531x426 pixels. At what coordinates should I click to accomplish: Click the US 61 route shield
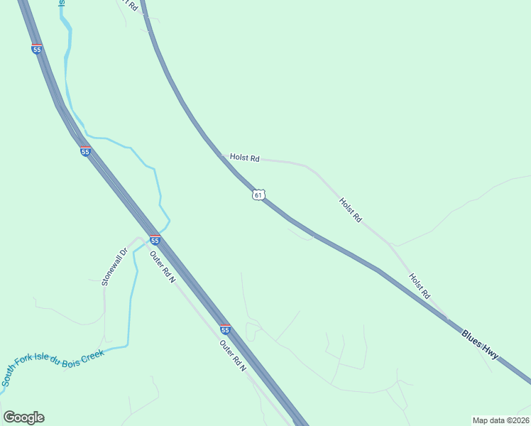click(258, 195)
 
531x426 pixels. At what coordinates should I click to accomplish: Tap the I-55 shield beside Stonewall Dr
click(155, 240)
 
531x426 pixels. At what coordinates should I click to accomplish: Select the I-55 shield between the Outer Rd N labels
click(225, 329)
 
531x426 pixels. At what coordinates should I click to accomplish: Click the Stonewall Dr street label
click(114, 267)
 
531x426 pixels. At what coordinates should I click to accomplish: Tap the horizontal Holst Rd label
click(244, 158)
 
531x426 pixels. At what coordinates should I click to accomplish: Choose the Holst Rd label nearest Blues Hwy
click(420, 285)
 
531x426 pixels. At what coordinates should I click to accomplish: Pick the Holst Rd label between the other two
click(350, 210)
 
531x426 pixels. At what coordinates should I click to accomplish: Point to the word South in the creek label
click(10, 377)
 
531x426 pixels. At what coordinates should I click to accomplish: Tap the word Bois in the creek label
click(69, 360)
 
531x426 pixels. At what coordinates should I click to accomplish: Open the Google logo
click(23, 417)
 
